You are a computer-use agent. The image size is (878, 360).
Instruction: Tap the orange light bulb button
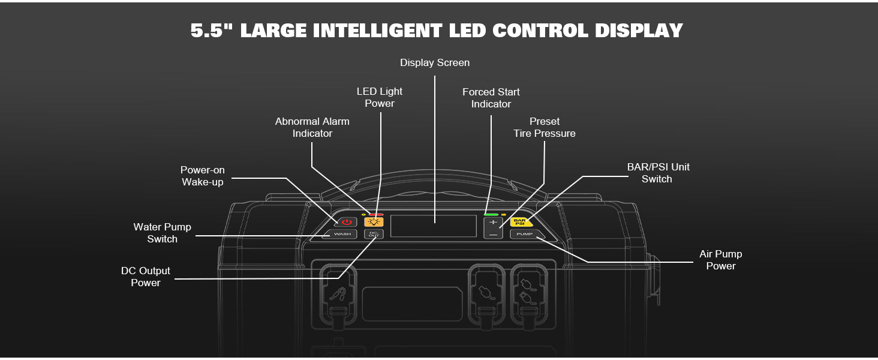(373, 222)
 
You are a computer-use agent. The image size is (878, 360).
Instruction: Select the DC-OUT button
(373, 234)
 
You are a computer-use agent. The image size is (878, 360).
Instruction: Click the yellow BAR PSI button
(519, 222)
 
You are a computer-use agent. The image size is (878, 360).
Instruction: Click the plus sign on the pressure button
(493, 222)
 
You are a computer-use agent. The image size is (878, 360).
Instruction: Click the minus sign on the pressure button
(493, 234)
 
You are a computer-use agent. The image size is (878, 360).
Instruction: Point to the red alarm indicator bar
(376, 214)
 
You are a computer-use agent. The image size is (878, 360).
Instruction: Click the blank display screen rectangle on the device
(434, 226)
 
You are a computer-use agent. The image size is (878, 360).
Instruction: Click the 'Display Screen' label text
(435, 62)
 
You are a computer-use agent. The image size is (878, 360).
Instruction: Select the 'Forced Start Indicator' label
(491, 98)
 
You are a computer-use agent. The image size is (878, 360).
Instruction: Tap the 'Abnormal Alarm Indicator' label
(312, 127)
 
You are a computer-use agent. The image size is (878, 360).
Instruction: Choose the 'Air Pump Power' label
(720, 260)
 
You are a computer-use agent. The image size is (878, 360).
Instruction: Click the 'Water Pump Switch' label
(162, 233)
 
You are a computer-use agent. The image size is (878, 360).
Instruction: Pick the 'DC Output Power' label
(146, 277)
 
